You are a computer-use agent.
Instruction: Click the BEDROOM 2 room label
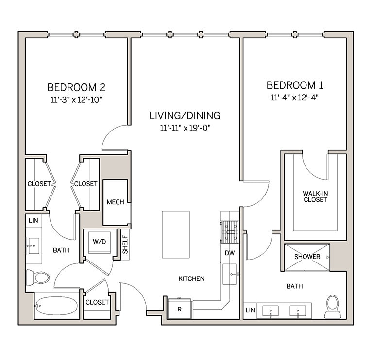(76, 87)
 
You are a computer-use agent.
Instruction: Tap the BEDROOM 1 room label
(295, 85)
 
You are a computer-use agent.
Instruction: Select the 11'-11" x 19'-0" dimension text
(185, 128)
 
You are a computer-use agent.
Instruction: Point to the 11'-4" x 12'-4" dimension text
(295, 98)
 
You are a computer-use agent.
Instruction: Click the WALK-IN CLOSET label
(315, 196)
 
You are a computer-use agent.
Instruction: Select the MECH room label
(115, 202)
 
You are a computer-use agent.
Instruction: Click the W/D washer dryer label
(99, 241)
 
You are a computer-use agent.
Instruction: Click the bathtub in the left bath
(56, 306)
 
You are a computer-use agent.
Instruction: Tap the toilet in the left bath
(38, 277)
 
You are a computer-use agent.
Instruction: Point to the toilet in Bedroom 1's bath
(333, 306)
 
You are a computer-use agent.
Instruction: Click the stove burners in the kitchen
(231, 231)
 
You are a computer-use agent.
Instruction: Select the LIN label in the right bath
(250, 310)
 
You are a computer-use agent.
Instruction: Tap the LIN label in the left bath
(33, 220)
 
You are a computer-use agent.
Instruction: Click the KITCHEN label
(191, 279)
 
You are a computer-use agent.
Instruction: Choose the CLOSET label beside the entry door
(97, 302)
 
